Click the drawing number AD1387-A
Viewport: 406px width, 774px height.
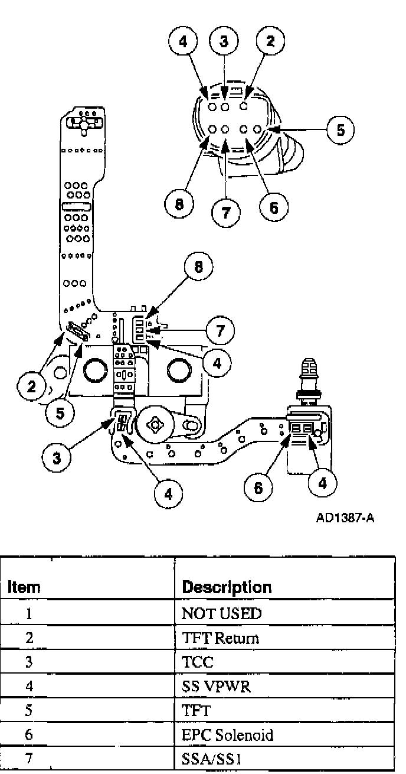point(345,518)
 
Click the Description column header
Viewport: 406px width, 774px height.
point(227,587)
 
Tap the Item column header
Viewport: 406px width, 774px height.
point(24,588)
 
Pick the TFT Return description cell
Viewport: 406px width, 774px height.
point(221,639)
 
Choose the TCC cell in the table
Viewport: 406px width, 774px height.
point(198,663)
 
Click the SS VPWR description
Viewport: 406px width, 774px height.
point(212,688)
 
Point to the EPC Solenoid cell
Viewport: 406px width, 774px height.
point(227,736)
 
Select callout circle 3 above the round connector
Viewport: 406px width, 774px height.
point(224,41)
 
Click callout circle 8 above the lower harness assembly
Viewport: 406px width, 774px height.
point(198,266)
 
